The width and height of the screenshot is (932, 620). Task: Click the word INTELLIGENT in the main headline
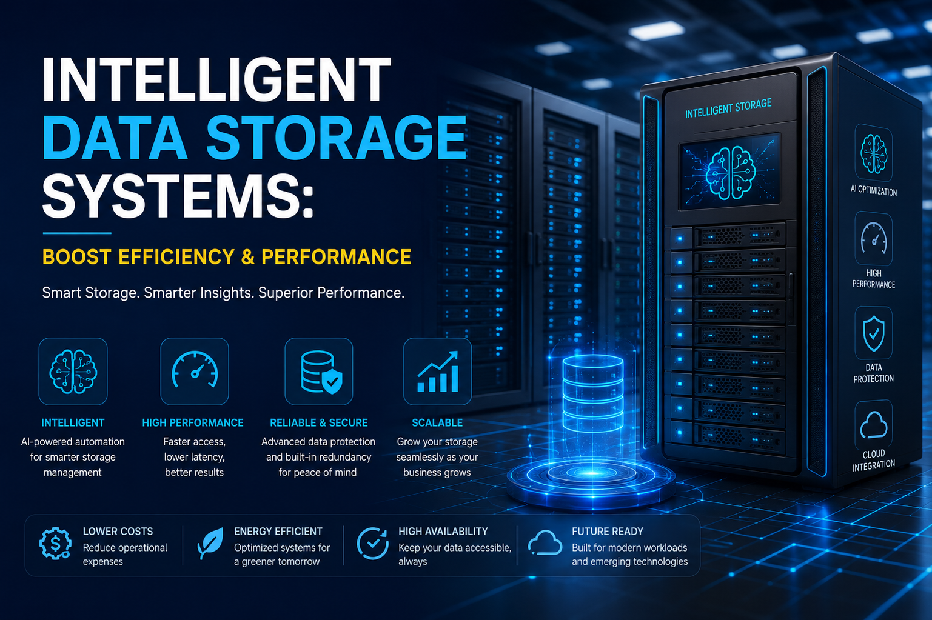click(x=216, y=79)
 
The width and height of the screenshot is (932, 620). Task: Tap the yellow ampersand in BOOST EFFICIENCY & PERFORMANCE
click(x=247, y=256)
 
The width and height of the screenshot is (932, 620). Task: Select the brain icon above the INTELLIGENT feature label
click(x=73, y=372)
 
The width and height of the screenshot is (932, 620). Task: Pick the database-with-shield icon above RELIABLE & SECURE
click(x=320, y=372)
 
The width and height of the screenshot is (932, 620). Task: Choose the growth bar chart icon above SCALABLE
click(x=438, y=372)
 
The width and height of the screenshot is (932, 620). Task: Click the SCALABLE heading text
click(x=437, y=423)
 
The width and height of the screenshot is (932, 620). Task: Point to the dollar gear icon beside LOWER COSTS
click(x=55, y=543)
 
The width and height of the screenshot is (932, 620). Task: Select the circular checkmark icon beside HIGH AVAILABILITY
click(x=372, y=543)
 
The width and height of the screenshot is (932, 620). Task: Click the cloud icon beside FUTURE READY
click(x=545, y=543)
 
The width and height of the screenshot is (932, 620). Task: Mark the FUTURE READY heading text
click(x=608, y=532)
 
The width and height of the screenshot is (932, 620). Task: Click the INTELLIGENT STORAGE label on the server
click(x=728, y=108)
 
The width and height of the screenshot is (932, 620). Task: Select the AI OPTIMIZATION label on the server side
click(x=874, y=190)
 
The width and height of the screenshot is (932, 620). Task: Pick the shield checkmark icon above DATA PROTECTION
click(x=874, y=333)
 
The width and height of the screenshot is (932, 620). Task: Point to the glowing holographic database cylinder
click(x=593, y=394)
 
